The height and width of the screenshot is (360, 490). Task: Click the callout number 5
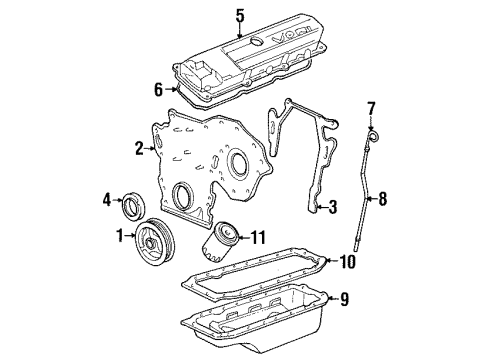point(239,14)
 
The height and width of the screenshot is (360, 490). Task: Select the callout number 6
point(158,89)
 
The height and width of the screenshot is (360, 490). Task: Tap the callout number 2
point(139,149)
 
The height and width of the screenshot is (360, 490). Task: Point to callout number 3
point(334,207)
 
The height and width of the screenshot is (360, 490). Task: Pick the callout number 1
point(121,237)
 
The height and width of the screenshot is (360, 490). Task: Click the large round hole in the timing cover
point(240,165)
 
